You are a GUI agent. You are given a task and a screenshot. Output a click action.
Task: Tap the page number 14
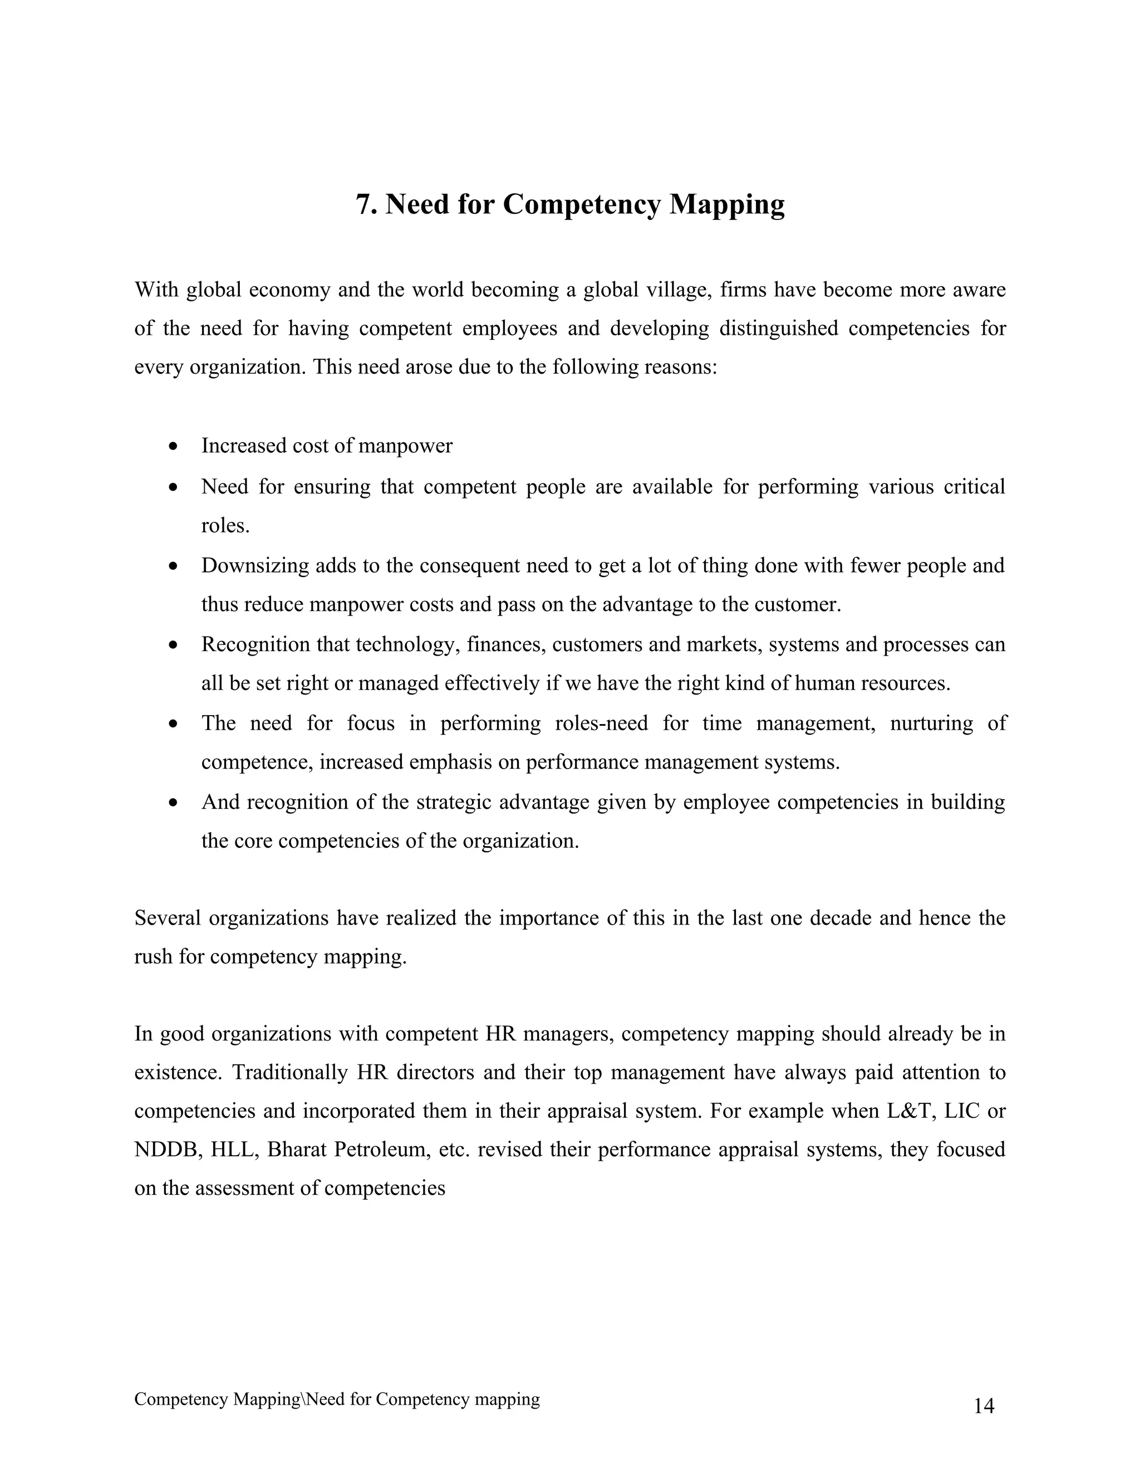[984, 1406]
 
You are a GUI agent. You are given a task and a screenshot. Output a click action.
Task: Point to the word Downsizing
[254, 566]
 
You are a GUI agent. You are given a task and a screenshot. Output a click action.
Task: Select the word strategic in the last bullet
[453, 803]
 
